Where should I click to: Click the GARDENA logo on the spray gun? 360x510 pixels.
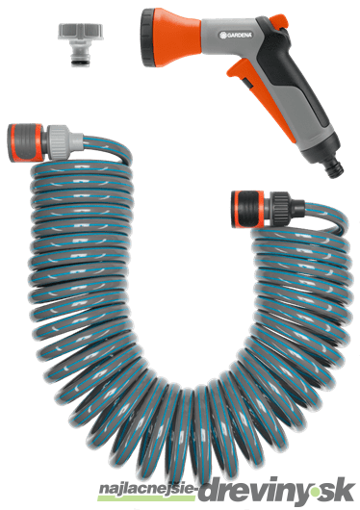point(236,35)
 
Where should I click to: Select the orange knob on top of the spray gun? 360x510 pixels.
point(280,20)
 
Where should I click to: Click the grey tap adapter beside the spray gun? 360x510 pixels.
point(81,43)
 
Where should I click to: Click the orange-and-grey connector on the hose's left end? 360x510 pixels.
point(25,142)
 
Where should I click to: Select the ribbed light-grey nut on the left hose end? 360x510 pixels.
point(60,142)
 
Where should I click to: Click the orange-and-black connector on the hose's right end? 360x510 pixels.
point(248,209)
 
